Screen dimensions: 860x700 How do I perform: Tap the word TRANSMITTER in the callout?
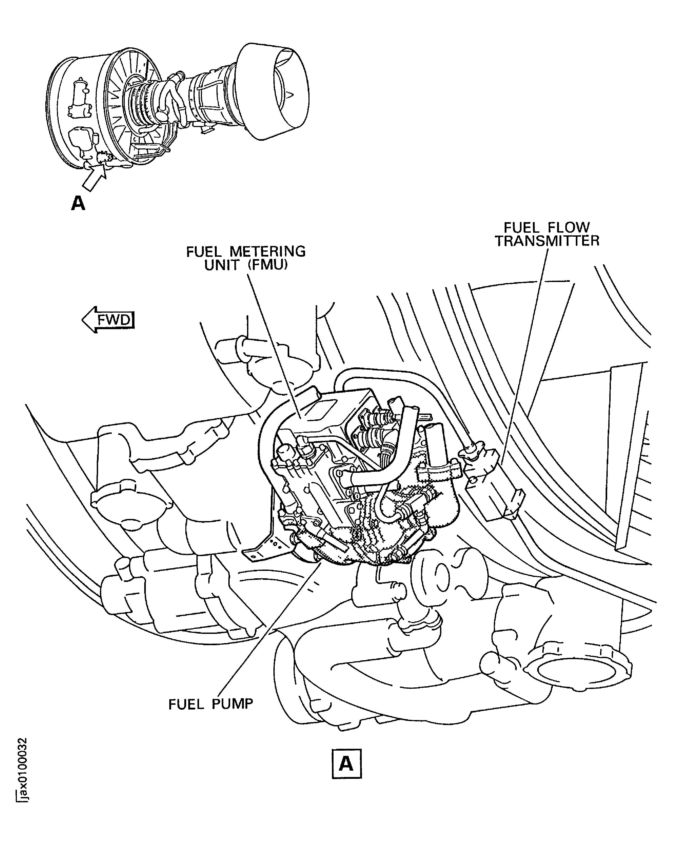point(547,241)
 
